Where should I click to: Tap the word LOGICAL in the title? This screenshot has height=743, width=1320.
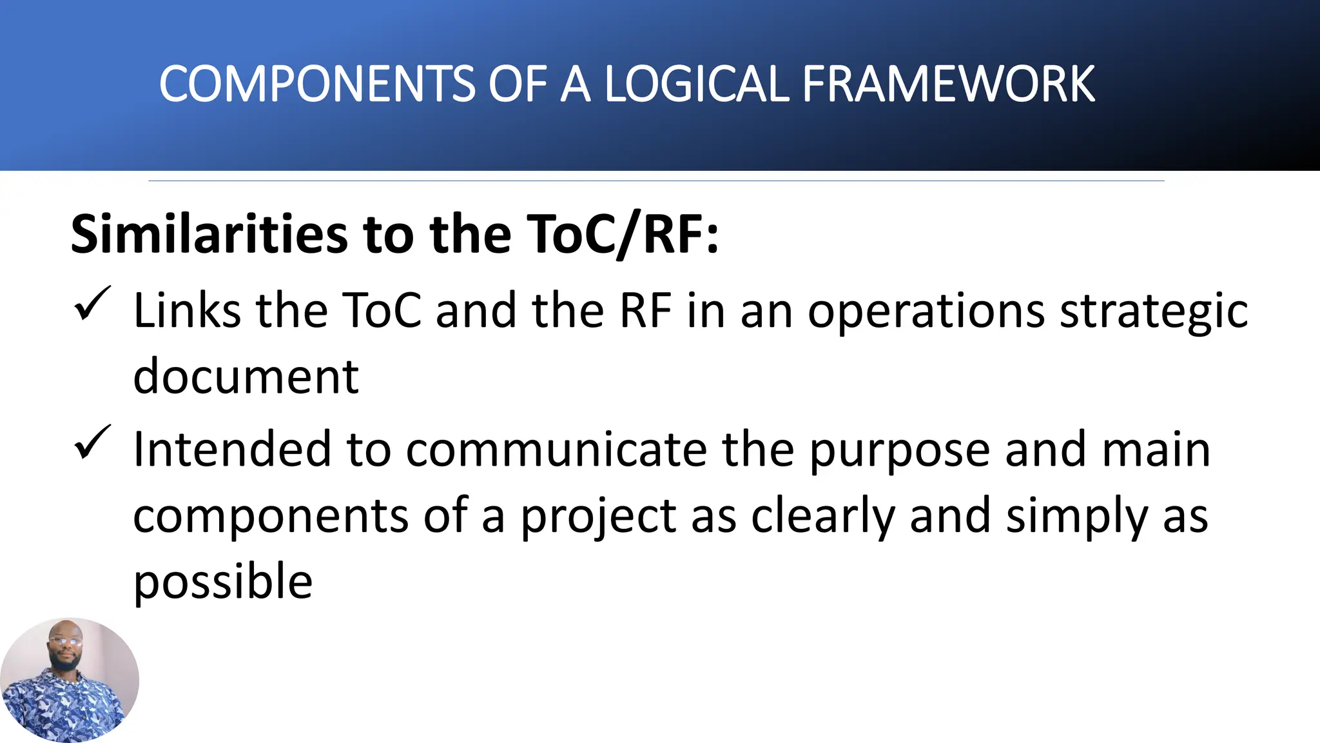pyautogui.click(x=695, y=84)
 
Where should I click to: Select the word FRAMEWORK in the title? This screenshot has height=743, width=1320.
pyautogui.click(x=947, y=84)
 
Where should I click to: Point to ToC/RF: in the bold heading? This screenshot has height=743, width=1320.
pyautogui.click(x=622, y=234)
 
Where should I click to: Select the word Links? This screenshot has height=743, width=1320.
pyautogui.click(x=186, y=311)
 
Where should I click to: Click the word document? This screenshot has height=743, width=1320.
pyautogui.click(x=246, y=377)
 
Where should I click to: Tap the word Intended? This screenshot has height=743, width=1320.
pyautogui.click(x=231, y=450)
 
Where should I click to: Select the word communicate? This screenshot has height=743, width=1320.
pyautogui.click(x=556, y=450)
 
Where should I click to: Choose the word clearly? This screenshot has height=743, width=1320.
pyautogui.click(x=822, y=518)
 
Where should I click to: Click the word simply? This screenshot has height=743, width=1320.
pyautogui.click(x=1076, y=518)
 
